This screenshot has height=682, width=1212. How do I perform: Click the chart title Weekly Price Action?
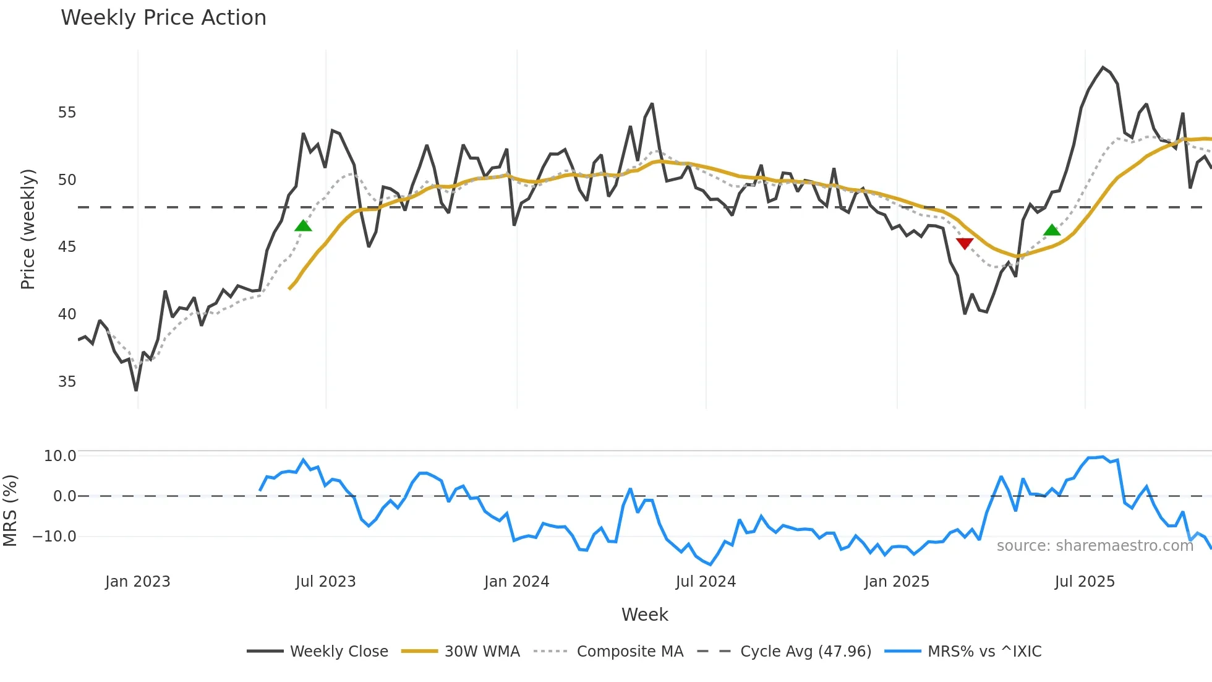pyautogui.click(x=163, y=18)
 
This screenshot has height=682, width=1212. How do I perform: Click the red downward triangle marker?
pyautogui.click(x=965, y=243)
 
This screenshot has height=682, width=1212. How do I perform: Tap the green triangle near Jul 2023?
pyautogui.click(x=303, y=226)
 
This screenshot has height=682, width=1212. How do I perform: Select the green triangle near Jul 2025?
pyautogui.click(x=1052, y=230)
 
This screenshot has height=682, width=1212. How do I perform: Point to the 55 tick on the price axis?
pyautogui.click(x=67, y=113)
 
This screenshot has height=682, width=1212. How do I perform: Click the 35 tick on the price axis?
pyautogui.click(x=67, y=382)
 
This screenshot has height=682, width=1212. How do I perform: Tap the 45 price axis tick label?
pyautogui.click(x=67, y=247)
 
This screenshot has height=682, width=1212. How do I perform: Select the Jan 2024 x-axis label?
pyautogui.click(x=516, y=582)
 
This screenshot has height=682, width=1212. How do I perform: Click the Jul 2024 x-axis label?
pyautogui.click(x=706, y=582)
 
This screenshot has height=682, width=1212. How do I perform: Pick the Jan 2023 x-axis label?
pyautogui.click(x=137, y=582)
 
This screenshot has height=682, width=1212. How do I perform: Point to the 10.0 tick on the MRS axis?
pyautogui.click(x=60, y=456)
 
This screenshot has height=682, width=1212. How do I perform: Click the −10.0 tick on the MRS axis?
pyautogui.click(x=54, y=537)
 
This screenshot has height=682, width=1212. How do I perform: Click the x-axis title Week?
pyautogui.click(x=644, y=615)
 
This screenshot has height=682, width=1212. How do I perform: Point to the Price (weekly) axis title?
pyautogui.click(x=28, y=229)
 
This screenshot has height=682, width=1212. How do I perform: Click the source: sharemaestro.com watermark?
pyautogui.click(x=1095, y=546)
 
